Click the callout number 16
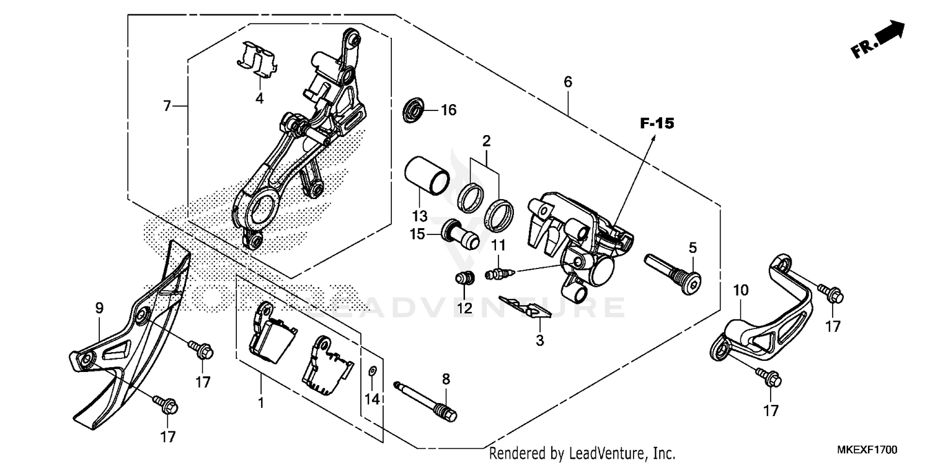(x=448, y=110)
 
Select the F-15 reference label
(x=657, y=124)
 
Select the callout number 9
(x=99, y=308)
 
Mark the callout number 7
(x=167, y=107)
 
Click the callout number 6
(x=567, y=82)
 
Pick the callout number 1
(x=261, y=403)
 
